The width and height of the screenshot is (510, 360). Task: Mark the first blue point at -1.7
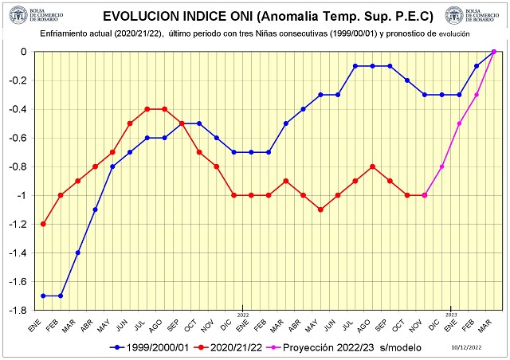tap(43, 295)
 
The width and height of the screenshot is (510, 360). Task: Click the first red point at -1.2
tap(43, 224)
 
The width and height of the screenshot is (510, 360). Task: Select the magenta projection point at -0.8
tap(442, 166)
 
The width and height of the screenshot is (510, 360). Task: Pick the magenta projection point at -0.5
tap(460, 123)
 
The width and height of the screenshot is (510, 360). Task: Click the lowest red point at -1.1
tap(320, 209)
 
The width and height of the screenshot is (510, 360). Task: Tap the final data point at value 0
tap(494, 52)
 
